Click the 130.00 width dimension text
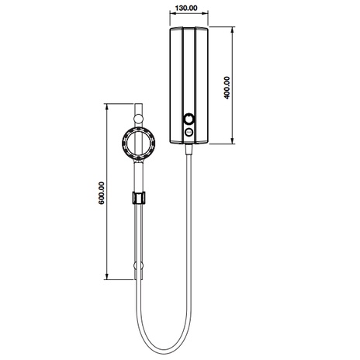point(186,8)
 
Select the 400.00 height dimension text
point(227,88)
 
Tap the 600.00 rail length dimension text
point(102,193)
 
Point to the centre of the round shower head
point(138,144)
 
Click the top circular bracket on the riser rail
point(138,119)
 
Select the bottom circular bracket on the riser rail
point(138,265)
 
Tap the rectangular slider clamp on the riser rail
point(138,198)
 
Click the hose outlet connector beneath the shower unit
point(189,149)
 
